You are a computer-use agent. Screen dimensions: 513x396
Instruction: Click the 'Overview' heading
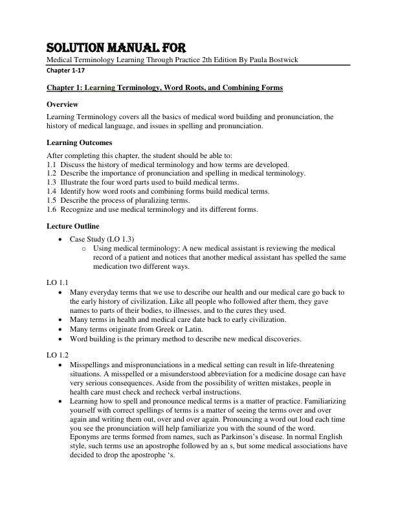63,104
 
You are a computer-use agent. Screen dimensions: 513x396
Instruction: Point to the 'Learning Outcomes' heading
80,142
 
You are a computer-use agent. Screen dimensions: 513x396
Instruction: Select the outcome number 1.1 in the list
52,165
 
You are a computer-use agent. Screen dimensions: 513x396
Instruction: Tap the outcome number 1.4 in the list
52,192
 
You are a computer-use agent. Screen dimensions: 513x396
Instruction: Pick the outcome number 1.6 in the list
52,209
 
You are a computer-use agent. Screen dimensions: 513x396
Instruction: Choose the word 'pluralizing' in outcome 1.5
153,201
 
